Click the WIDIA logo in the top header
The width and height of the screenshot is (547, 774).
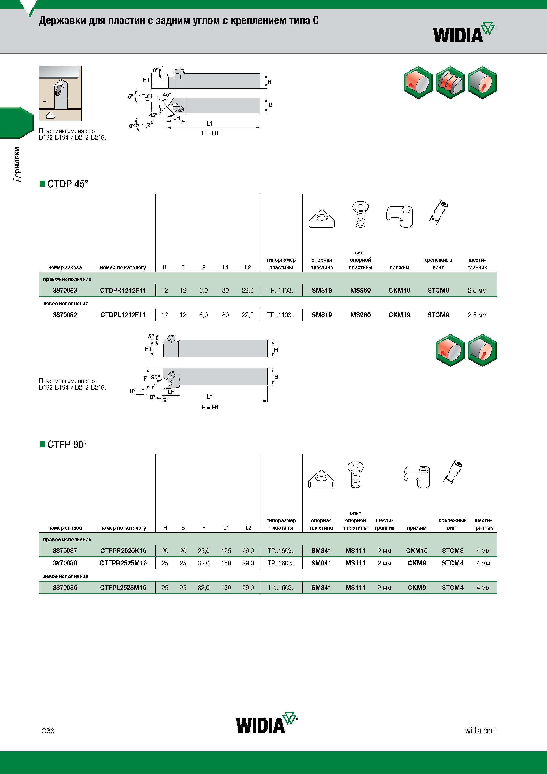coord(465,33)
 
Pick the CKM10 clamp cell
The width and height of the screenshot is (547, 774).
coord(417,550)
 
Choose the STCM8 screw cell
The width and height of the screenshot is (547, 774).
coord(453,550)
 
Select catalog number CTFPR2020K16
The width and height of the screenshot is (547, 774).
coord(123,550)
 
